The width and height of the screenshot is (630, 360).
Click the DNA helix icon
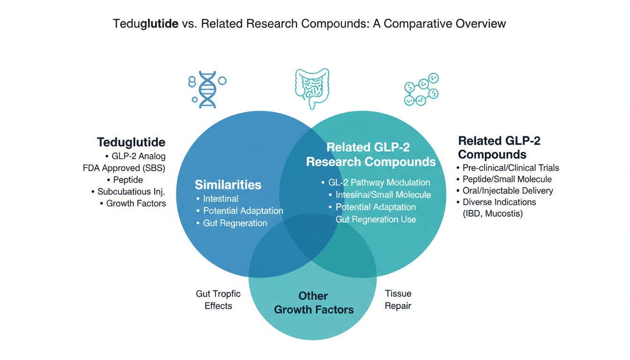pos(207,90)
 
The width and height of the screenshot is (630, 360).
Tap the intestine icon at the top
pos(312,88)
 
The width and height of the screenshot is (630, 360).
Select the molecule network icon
pos(421,89)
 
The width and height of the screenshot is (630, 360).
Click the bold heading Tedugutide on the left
pos(131,142)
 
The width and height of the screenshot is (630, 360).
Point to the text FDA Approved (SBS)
pos(124,168)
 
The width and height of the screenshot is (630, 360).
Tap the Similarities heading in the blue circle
pos(228,184)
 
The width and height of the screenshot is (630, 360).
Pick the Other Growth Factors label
pos(314,303)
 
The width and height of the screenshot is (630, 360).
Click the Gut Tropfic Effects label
pos(218,300)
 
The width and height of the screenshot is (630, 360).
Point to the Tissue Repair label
pos(398,300)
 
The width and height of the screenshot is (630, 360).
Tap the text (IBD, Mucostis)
pos(493,214)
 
